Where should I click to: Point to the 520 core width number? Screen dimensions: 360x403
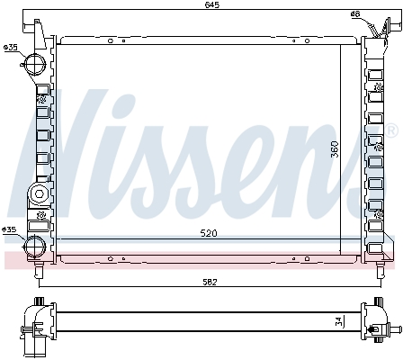pos(208,234)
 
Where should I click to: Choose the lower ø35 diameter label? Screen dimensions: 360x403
pos(10,230)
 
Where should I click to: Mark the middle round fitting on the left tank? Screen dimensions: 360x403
pos(38,193)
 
